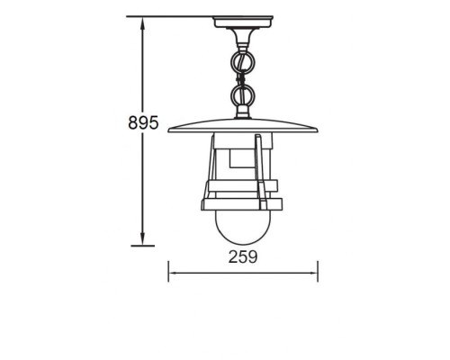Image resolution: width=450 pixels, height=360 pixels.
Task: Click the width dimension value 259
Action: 243,256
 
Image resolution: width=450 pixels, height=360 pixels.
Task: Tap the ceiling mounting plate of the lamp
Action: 243,21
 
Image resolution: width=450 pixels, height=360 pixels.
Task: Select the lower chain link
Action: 243,95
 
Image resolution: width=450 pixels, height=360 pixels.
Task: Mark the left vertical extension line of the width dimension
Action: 168,270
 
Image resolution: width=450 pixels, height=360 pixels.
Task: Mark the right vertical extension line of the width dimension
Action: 318,270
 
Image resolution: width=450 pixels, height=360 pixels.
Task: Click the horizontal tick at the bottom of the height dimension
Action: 140,243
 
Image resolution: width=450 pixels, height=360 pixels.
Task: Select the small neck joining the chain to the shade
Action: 243,113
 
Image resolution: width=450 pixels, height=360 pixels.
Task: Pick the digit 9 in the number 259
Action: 255,256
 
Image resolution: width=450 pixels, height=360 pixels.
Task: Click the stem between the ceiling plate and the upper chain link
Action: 243,36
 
